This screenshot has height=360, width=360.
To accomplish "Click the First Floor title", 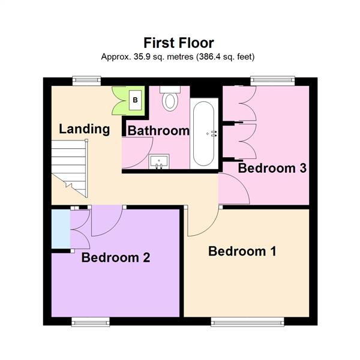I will (x=179, y=43).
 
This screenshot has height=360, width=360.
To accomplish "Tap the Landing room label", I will (x=84, y=128).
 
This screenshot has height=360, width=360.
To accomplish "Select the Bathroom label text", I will (x=159, y=131).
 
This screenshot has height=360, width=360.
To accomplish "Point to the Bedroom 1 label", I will (x=242, y=251).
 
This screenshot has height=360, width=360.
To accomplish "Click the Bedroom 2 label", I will (x=116, y=257).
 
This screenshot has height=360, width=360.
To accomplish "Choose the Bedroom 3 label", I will (x=272, y=168).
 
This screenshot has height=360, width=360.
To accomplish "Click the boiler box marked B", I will (x=135, y=100).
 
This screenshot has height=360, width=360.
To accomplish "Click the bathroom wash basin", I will (x=159, y=161).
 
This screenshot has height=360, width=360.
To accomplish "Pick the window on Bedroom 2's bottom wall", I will (x=91, y=321).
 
